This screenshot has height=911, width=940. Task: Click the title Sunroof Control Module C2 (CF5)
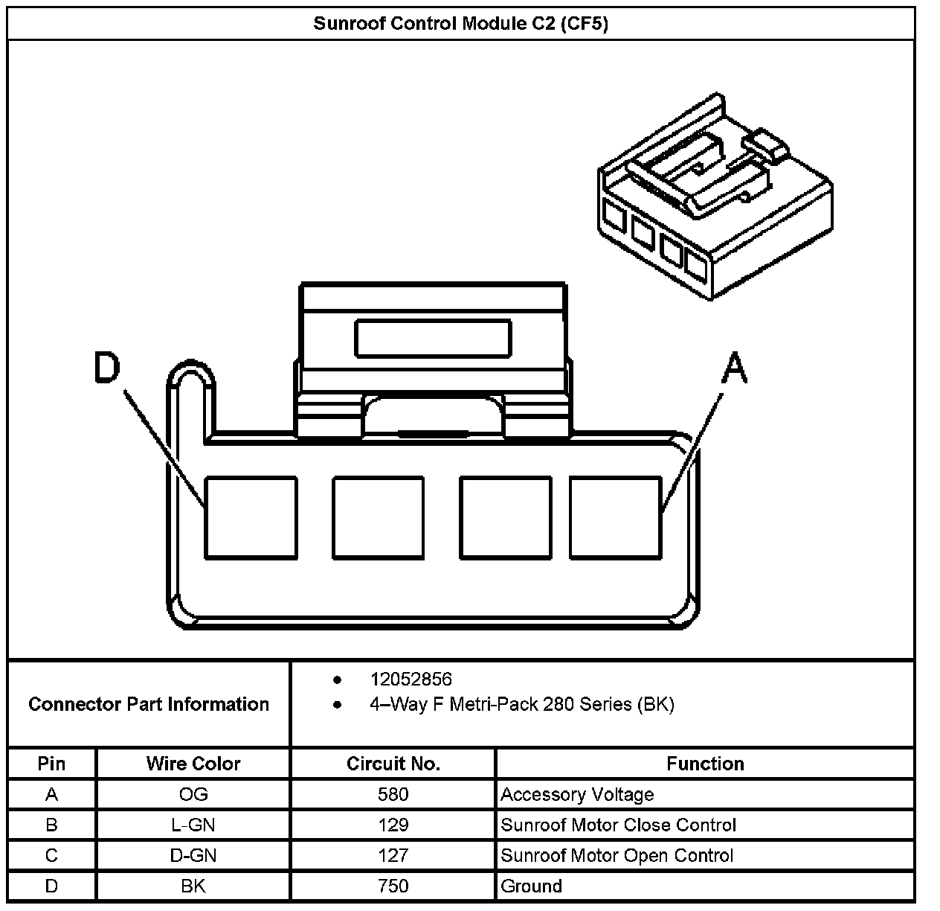460,24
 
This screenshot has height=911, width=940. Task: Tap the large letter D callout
107,367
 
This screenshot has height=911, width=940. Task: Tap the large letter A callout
735,368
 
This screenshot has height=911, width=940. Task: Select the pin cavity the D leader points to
251,517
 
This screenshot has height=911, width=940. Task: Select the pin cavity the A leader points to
616,517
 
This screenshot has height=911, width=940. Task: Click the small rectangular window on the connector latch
433,338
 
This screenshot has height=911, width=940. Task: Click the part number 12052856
411,680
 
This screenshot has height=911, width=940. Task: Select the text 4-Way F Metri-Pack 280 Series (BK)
521,704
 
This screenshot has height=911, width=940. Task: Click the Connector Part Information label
149,704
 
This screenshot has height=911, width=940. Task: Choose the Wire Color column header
193,764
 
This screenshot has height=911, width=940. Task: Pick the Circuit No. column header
393,764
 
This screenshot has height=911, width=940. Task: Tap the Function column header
704,764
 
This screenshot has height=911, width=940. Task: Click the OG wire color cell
193,795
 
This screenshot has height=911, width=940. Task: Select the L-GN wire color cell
193,825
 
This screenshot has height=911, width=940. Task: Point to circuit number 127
393,856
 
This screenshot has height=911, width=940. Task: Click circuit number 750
393,886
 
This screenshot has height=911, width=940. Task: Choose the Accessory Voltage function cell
577,795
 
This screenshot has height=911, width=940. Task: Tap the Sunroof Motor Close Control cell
618,825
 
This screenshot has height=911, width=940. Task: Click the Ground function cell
531,886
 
